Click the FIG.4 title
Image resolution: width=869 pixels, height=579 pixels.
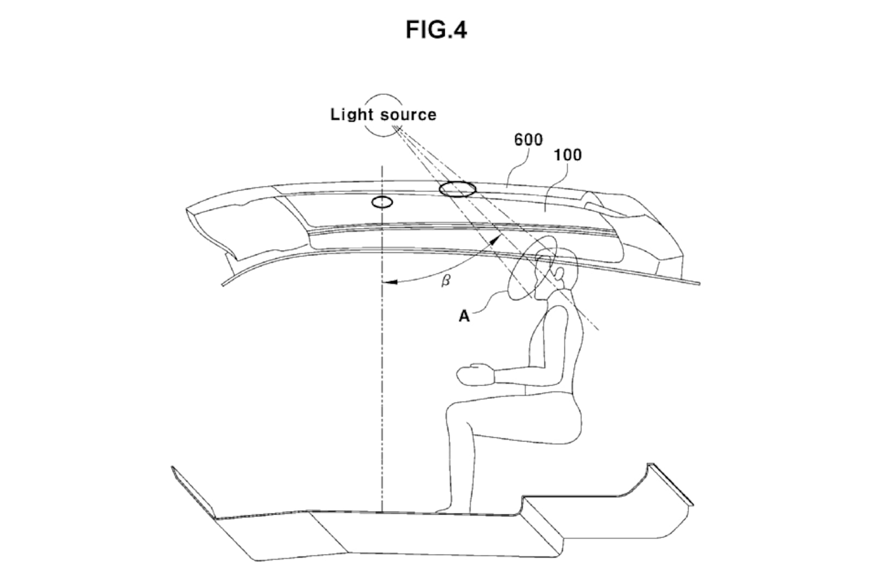click(436, 30)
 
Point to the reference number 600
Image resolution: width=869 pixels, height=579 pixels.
click(528, 140)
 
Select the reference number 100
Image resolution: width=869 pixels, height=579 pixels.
click(567, 155)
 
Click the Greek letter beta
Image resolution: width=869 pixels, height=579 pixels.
click(445, 282)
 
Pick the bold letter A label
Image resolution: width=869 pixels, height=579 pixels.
click(464, 316)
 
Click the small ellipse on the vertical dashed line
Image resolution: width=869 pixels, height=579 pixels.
click(382, 202)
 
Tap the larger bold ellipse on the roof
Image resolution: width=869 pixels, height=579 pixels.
click(457, 189)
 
